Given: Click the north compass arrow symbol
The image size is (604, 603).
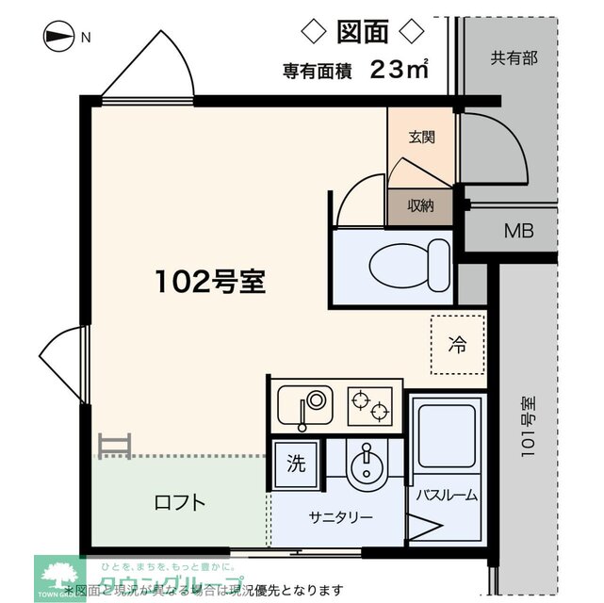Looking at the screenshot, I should click(x=58, y=38).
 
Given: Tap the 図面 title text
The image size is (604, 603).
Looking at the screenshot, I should click(x=362, y=32).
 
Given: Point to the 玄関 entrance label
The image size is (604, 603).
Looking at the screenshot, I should click(x=421, y=137).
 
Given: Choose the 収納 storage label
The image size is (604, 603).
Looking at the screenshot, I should click(x=420, y=205).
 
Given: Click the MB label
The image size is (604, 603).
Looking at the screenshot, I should click(x=516, y=231).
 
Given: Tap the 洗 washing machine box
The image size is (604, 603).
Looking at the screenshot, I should click(x=296, y=464).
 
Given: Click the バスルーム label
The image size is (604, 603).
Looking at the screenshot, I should click(x=447, y=496).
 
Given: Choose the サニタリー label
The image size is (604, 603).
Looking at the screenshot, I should click(x=340, y=517).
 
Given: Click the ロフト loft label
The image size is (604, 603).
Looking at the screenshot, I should click(x=179, y=502).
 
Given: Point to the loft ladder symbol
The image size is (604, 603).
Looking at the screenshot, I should click(x=114, y=446).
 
